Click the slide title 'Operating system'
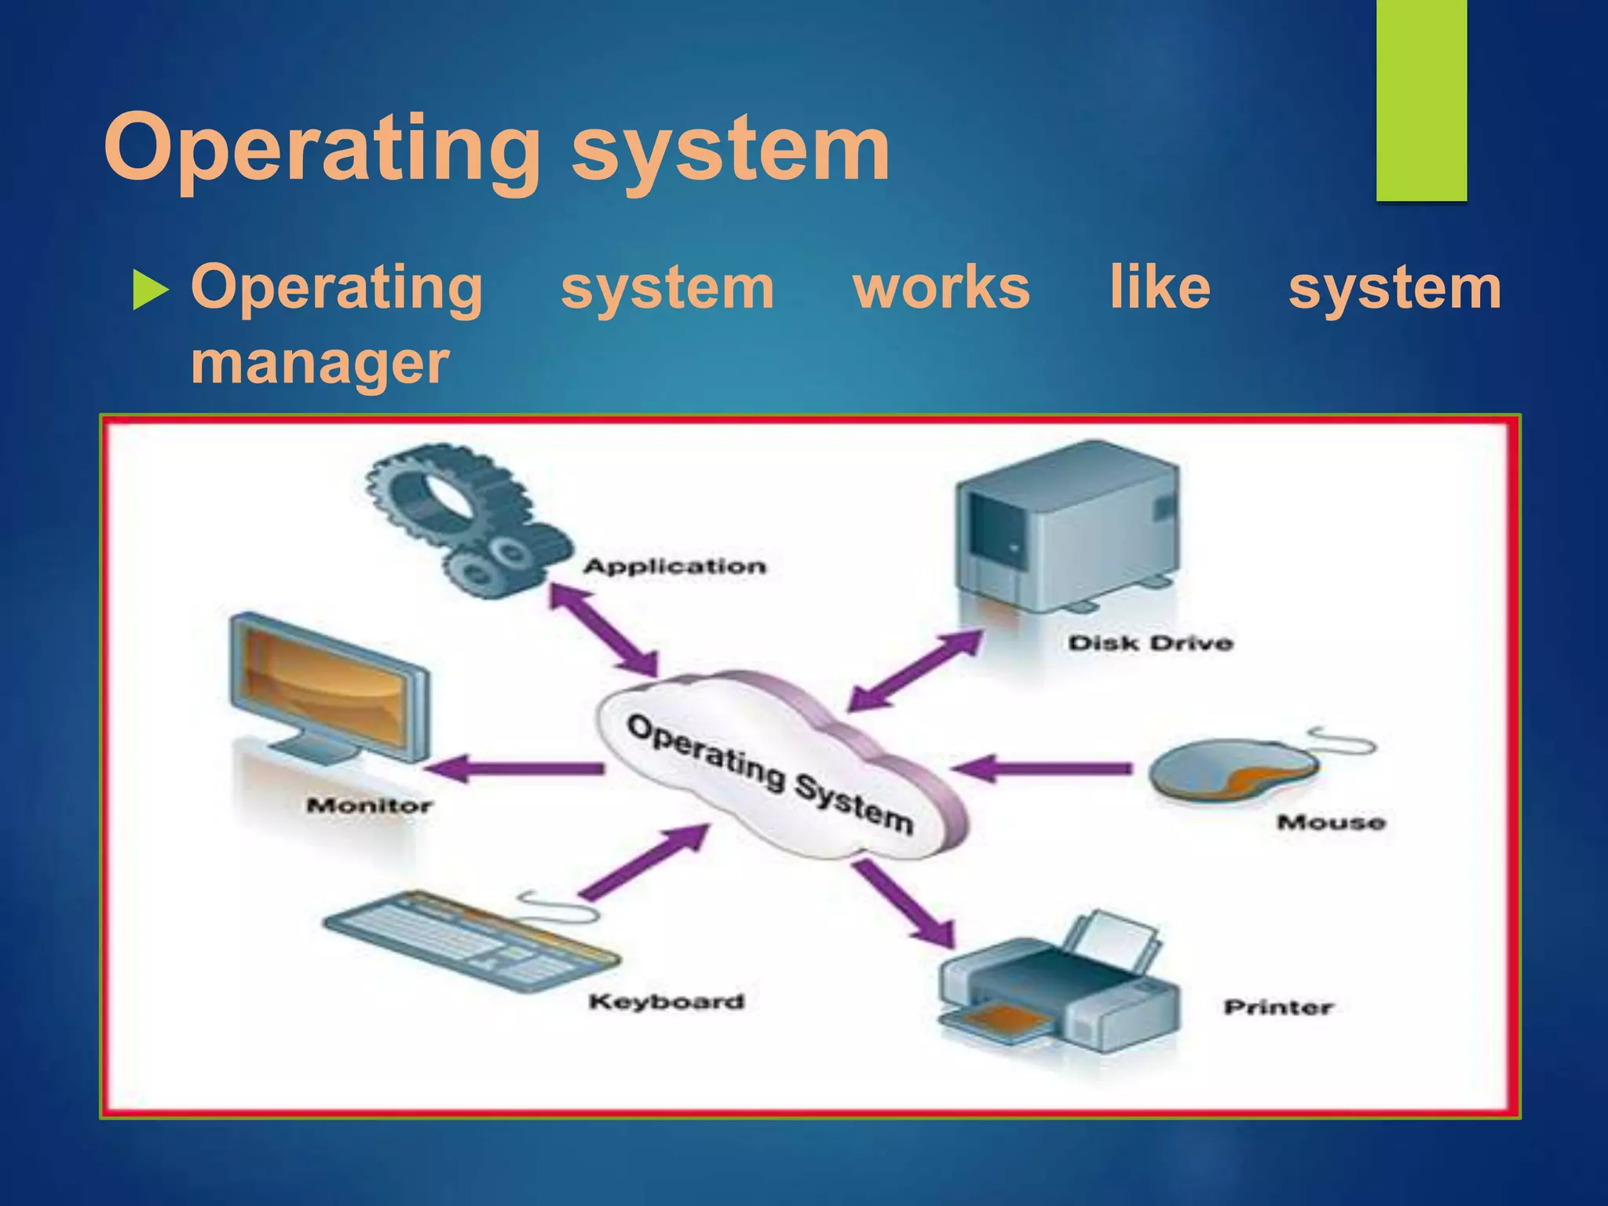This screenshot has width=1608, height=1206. pos(496,149)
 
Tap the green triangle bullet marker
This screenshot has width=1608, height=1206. pos(150,289)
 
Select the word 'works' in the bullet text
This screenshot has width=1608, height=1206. pos(941,287)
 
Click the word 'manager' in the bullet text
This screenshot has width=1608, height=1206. pos(320,363)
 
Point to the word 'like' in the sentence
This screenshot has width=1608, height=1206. pos(1159,287)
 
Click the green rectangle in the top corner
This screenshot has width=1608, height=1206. pos(1421,100)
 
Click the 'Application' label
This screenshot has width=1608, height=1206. pos(674,566)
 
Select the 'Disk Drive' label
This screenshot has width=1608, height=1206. pos(1150,643)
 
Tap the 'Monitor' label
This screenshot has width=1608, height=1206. pos(369,806)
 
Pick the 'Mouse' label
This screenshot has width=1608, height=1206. pos(1331,822)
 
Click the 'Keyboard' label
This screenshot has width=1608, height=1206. pos(666,1001)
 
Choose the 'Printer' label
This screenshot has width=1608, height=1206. pos(1277,1007)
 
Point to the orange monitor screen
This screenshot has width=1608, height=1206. pos(326,687)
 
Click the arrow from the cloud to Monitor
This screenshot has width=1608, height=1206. pos(518,768)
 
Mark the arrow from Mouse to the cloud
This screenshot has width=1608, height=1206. pos(1044,767)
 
